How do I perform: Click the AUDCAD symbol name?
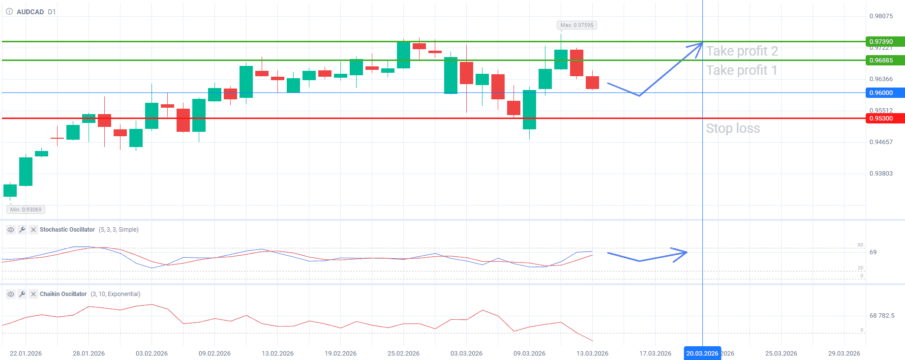coord(30,12)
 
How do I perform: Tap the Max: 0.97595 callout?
coord(576,25)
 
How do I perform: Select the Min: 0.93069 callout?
coord(26,210)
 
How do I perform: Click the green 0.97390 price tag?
coord(884,42)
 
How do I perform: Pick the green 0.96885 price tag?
coord(884,60)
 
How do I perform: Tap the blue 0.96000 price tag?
coord(884,93)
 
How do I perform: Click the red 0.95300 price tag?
coord(884,119)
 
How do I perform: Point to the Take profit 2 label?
coord(742,51)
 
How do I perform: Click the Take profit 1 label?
coord(741,70)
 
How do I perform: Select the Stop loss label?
coord(733,128)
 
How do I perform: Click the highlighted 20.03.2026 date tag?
coord(702,353)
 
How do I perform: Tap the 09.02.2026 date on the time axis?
coord(214,353)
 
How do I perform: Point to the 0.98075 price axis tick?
coord(881,16)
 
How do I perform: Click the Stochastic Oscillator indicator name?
coord(67,230)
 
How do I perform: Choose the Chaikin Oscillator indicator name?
coord(63,294)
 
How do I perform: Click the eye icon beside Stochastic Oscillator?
coord(10,230)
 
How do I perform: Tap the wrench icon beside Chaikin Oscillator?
coord(22,294)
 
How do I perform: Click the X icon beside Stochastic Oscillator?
coord(33,230)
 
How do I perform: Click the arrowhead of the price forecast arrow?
coord(699,45)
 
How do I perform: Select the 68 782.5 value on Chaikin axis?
coord(882,316)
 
